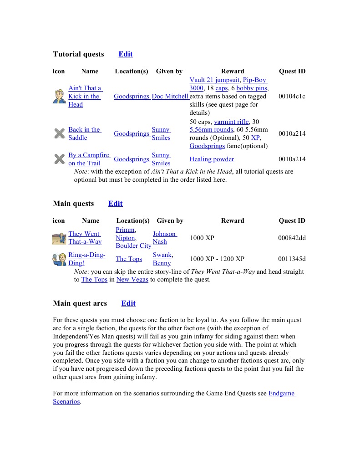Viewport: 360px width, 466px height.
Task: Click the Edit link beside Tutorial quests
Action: [x=126, y=54]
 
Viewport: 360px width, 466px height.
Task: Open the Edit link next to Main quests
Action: [x=115, y=204]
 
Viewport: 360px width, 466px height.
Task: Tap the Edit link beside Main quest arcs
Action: [x=128, y=303]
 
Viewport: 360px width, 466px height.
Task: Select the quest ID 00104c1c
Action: [x=292, y=97]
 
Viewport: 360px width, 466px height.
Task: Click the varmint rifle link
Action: [x=231, y=122]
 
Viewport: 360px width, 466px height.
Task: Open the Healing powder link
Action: [x=212, y=159]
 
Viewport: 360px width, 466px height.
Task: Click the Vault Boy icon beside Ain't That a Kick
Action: [x=59, y=96]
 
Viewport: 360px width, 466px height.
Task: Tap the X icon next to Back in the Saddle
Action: [x=59, y=133]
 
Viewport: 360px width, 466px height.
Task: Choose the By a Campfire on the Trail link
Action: [x=89, y=159]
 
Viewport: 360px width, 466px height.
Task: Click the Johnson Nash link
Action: [x=164, y=238]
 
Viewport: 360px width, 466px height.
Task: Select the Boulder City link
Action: [x=133, y=246]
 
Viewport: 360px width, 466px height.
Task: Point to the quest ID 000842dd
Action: [x=292, y=238]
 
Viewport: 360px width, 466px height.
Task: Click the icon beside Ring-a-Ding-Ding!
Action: [x=59, y=259]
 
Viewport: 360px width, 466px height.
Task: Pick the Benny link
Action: [x=162, y=263]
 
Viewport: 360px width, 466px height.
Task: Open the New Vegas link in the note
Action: [x=132, y=280]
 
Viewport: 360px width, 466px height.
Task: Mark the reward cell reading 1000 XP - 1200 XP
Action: [x=217, y=259]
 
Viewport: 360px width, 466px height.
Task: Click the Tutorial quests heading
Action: [x=78, y=54]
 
